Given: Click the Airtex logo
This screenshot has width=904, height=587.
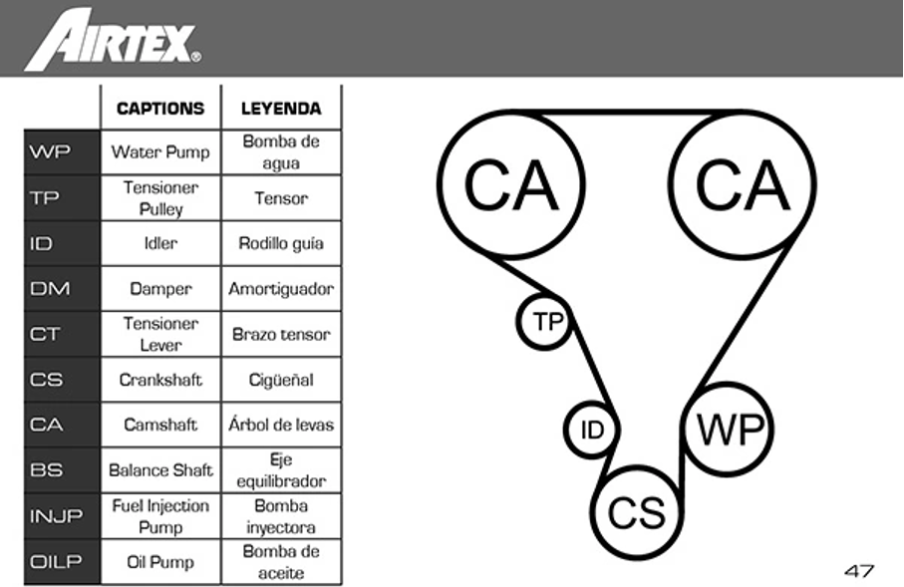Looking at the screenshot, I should [112, 40].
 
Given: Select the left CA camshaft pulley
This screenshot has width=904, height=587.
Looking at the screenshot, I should [510, 185].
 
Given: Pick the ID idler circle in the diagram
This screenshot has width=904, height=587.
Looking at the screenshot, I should [592, 431].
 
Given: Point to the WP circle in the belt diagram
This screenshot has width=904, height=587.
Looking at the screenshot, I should [730, 431].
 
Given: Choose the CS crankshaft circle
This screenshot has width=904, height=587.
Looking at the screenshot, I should [636, 513].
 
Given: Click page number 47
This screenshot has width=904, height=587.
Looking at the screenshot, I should [858, 571].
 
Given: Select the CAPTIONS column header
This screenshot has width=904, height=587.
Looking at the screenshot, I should [160, 109].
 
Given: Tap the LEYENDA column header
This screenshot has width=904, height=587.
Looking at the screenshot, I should [281, 109].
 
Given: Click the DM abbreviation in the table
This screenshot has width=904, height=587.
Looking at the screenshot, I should [50, 289].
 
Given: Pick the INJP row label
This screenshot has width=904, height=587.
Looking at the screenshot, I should [56, 516].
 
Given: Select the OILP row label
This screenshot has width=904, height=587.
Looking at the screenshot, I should [56, 562].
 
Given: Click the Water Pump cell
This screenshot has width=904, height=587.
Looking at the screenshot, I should [160, 152].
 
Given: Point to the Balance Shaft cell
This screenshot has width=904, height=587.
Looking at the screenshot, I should [160, 470].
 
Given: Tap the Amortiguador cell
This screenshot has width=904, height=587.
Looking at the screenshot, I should [281, 289].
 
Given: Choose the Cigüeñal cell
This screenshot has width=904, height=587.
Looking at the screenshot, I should [281, 380].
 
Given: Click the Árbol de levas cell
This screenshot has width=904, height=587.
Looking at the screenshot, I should [281, 425].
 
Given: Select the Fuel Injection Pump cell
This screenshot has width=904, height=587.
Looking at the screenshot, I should [160, 516].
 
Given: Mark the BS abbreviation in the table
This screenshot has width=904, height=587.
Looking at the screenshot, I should [46, 470].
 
